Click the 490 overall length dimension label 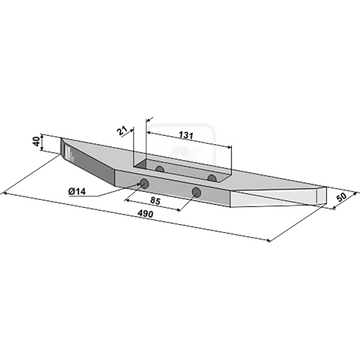(145, 214)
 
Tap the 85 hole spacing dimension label (155, 201)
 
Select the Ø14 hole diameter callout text (77, 191)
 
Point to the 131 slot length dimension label (186, 135)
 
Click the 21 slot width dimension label (122, 131)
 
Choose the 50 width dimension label (341, 198)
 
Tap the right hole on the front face (196, 192)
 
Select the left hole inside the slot (160, 170)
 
